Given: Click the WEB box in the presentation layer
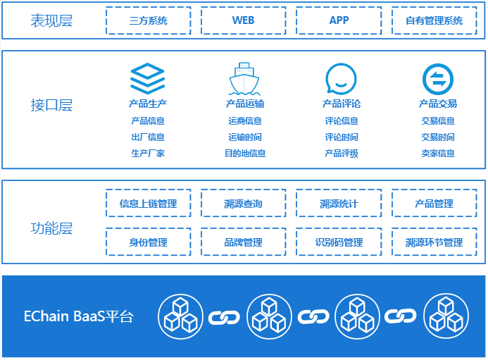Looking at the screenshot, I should (x=243, y=20).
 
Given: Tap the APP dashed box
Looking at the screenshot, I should (x=339, y=20).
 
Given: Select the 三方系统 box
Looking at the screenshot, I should (x=149, y=20).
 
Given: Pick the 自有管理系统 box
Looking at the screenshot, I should (x=434, y=20).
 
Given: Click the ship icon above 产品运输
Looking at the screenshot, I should (x=244, y=78).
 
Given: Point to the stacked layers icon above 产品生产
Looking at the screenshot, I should (x=148, y=78).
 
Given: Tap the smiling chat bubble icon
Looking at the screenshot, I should (x=341, y=79).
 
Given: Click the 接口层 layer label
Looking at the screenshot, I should (x=51, y=106).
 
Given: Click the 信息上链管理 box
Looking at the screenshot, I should (x=149, y=204).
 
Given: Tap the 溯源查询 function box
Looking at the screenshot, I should (x=243, y=204).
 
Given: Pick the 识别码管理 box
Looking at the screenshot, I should (x=339, y=242).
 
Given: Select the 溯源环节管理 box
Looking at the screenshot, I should (x=434, y=242).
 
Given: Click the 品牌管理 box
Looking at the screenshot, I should (x=243, y=242).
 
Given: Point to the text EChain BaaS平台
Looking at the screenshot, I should (x=78, y=316).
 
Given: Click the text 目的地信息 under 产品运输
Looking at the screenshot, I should (x=245, y=153).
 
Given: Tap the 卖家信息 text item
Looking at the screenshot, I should (x=438, y=153).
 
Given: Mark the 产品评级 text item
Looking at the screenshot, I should (x=342, y=153).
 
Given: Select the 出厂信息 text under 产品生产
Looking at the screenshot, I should (x=148, y=137).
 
